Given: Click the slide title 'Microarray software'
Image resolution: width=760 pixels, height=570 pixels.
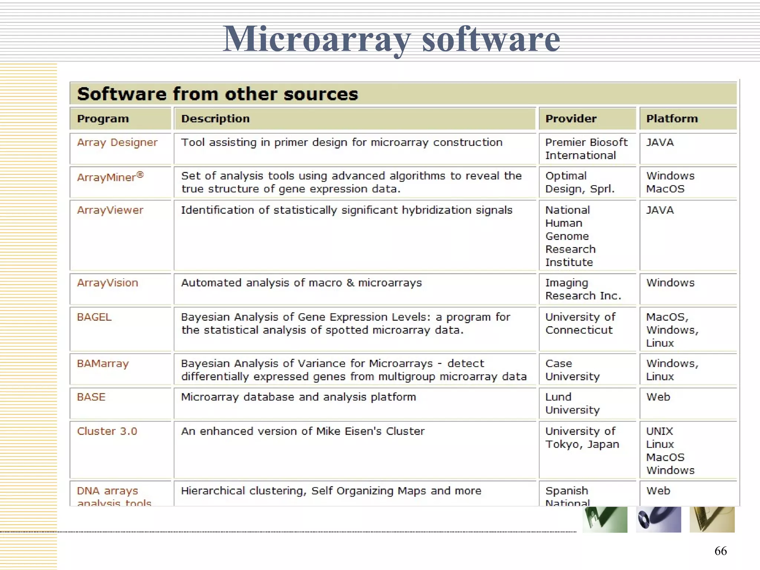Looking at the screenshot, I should click(x=391, y=39).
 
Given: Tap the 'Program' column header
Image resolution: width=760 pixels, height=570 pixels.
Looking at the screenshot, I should click(x=103, y=119).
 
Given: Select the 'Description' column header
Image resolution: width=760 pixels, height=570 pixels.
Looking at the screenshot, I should click(x=215, y=119).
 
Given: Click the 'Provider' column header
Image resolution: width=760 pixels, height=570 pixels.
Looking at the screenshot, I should click(x=571, y=119).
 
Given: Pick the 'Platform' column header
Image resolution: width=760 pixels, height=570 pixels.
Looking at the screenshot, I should click(x=672, y=119).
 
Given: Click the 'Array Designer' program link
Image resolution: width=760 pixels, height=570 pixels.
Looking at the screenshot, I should click(x=117, y=142).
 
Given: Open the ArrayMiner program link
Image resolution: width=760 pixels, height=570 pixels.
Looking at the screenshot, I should click(x=110, y=177).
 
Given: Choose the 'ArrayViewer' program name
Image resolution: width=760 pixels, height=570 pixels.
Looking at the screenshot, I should click(x=110, y=210).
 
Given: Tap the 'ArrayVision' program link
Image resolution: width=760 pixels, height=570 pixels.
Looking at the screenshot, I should click(x=107, y=283).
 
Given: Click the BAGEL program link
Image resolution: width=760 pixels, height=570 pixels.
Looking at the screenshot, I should click(x=94, y=317).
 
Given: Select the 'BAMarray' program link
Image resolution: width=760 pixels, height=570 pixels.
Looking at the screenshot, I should click(x=103, y=364).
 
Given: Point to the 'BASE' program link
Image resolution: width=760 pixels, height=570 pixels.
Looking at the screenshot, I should click(x=91, y=397).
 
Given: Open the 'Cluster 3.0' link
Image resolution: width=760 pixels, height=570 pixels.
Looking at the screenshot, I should click(x=107, y=431).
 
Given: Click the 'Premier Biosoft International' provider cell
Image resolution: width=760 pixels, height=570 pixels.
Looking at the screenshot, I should click(x=586, y=149).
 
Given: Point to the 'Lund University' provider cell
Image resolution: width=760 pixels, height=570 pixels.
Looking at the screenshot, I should click(x=572, y=403).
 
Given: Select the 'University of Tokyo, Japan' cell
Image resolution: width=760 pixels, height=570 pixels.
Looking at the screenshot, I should click(x=582, y=438).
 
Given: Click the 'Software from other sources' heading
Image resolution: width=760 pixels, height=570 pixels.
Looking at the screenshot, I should click(x=217, y=94).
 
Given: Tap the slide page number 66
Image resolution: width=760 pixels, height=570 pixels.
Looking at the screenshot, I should click(x=720, y=551).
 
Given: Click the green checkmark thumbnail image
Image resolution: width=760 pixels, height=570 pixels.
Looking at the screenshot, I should click(x=605, y=520).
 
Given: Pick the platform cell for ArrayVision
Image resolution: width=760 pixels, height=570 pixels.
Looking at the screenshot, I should click(x=670, y=283).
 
